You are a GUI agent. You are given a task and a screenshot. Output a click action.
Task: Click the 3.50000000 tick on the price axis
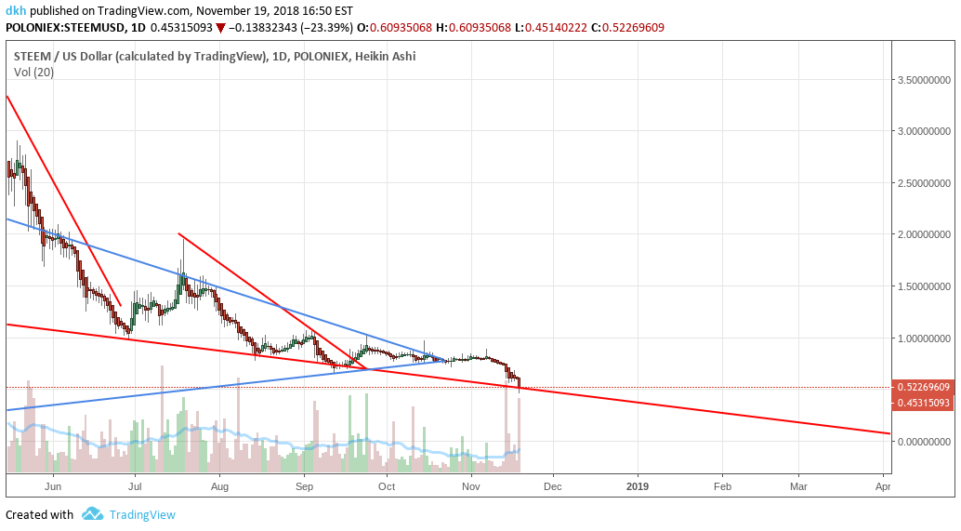pyautogui.click(x=925, y=81)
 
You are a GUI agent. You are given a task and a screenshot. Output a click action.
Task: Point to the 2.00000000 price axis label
pyautogui.click(x=925, y=235)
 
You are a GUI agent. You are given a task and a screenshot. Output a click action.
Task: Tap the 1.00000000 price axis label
pyautogui.click(x=925, y=339)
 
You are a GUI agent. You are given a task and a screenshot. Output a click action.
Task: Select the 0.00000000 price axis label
pyautogui.click(x=925, y=442)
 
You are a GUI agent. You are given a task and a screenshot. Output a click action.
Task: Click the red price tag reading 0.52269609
pyautogui.click(x=924, y=387)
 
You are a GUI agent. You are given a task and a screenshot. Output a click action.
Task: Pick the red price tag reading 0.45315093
pyautogui.click(x=924, y=403)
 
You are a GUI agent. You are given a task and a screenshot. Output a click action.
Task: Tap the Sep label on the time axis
pyautogui.click(x=305, y=485)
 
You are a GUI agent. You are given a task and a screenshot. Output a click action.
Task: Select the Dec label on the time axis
pyautogui.click(x=552, y=485)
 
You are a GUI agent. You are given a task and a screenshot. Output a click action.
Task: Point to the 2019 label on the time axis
pyautogui.click(x=638, y=485)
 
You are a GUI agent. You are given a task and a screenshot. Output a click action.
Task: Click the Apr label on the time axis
pyautogui.click(x=883, y=485)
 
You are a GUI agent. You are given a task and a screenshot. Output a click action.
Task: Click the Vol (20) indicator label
pyautogui.click(x=33, y=72)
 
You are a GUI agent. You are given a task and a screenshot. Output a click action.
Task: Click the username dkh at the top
pyautogui.click(x=16, y=10)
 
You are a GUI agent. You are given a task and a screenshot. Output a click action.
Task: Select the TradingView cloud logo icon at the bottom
pyautogui.click(x=92, y=513)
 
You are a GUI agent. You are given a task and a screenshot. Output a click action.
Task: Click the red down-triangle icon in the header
pyautogui.click(x=219, y=27)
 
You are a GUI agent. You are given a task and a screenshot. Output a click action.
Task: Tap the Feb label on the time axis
pyautogui.click(x=722, y=485)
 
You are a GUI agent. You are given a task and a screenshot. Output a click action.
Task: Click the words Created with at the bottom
pyautogui.click(x=39, y=514)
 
